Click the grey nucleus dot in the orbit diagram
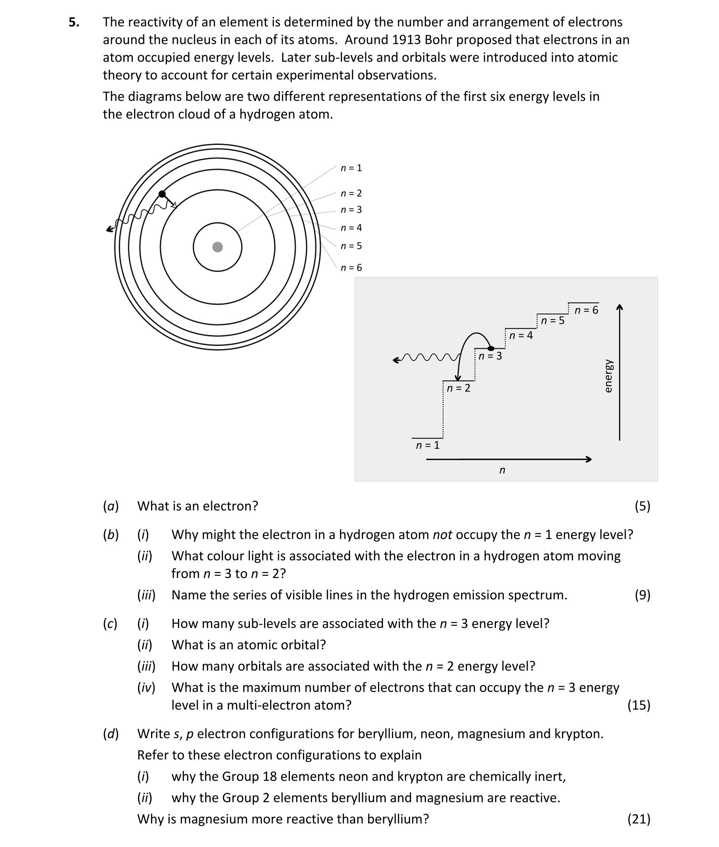click(x=218, y=247)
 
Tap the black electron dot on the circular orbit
click(x=162, y=194)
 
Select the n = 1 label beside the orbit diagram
click(x=351, y=168)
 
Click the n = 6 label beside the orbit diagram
click(x=351, y=268)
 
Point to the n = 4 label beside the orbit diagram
click(x=351, y=228)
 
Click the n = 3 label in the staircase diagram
click(x=490, y=356)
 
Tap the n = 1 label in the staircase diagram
click(x=428, y=445)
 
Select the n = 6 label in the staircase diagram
click(x=586, y=310)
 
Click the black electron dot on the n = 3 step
click(x=491, y=348)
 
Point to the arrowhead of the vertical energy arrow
click(x=620, y=307)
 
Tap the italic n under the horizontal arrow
click(x=502, y=471)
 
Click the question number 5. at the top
click(x=74, y=22)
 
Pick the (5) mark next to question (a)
click(x=642, y=506)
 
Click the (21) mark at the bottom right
click(x=639, y=819)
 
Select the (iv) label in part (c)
click(x=146, y=688)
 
